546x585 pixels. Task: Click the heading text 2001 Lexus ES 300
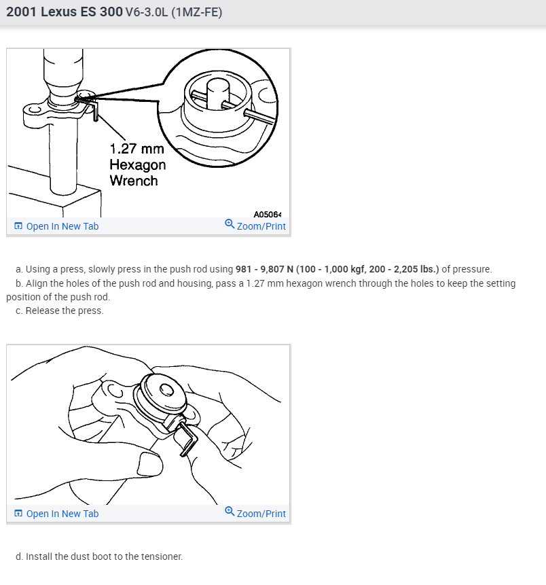pyautogui.click(x=65, y=12)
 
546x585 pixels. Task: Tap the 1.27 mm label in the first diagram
pyautogui.click(x=136, y=149)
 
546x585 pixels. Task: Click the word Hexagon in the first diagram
pyautogui.click(x=137, y=164)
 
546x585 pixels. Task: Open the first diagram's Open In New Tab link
pyautogui.click(x=62, y=226)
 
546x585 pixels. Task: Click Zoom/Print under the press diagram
pyautogui.click(x=261, y=226)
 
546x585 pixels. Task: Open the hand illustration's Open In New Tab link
pyautogui.click(x=62, y=514)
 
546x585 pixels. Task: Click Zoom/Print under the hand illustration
pyautogui.click(x=261, y=514)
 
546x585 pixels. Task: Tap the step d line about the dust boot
pyautogui.click(x=104, y=556)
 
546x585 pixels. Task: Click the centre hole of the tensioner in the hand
pyautogui.click(x=166, y=390)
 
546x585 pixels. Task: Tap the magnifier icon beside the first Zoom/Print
pyautogui.click(x=230, y=226)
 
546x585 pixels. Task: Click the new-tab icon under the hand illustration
pyautogui.click(x=18, y=514)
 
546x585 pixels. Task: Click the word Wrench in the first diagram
pyautogui.click(x=133, y=181)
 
